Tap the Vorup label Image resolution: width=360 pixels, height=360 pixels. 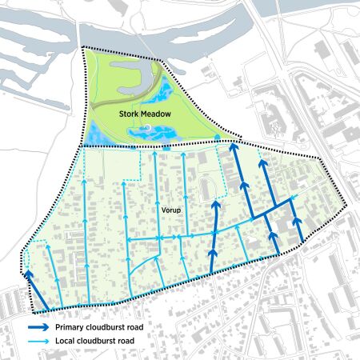[169, 211]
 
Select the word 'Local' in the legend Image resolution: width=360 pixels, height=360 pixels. [66, 342]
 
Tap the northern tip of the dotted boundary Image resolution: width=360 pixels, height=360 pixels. [83, 47]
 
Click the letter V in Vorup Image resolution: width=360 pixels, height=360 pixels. [160, 211]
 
